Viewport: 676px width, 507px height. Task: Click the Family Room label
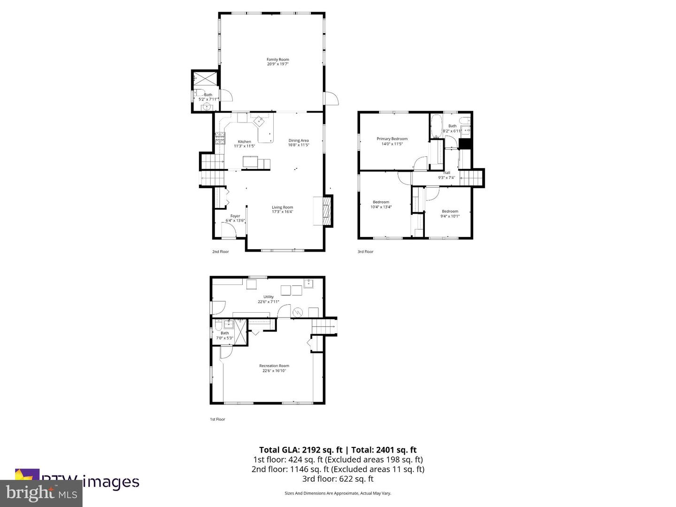(277, 60)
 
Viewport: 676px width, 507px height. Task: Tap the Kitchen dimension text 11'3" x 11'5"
(244, 146)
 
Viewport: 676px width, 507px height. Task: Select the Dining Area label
(298, 140)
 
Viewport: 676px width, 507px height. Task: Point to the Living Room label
(282, 207)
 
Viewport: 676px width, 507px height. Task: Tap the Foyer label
(235, 216)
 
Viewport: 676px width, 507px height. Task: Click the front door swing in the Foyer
(228, 230)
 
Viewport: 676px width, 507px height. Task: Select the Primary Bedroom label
(392, 139)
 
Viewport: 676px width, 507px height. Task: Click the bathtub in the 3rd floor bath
(436, 126)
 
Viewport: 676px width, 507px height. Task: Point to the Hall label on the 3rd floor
(446, 173)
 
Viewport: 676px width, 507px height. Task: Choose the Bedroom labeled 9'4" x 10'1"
(450, 214)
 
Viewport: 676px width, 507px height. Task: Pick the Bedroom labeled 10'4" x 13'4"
(381, 204)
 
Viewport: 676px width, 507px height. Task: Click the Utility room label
(268, 297)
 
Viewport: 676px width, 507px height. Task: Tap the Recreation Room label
(274, 366)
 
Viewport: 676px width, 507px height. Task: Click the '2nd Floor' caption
(220, 252)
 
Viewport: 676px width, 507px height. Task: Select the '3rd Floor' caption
(365, 252)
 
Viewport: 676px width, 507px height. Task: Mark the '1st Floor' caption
(217, 419)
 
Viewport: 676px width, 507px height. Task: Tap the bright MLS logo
(41, 493)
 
